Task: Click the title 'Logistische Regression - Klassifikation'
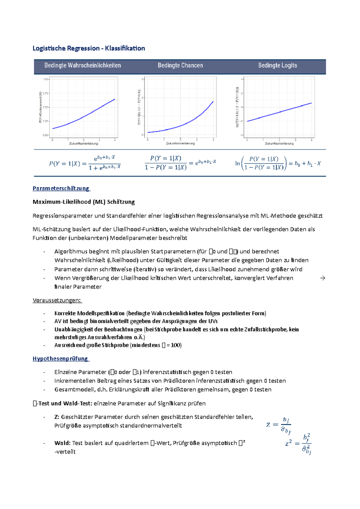(88, 48)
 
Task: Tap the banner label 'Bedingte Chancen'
(180, 65)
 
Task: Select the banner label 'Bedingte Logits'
(277, 65)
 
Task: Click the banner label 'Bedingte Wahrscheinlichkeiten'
(82, 65)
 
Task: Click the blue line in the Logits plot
(279, 112)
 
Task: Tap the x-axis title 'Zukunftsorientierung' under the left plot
(84, 144)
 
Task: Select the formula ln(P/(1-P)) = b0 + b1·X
(277, 163)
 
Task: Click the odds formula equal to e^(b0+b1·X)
(180, 163)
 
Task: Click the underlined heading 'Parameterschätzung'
(61, 188)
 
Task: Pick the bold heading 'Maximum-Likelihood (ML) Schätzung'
(83, 202)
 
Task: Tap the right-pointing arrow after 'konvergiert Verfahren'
(322, 278)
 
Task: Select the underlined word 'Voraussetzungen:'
(57, 300)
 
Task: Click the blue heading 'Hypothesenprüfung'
(60, 359)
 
